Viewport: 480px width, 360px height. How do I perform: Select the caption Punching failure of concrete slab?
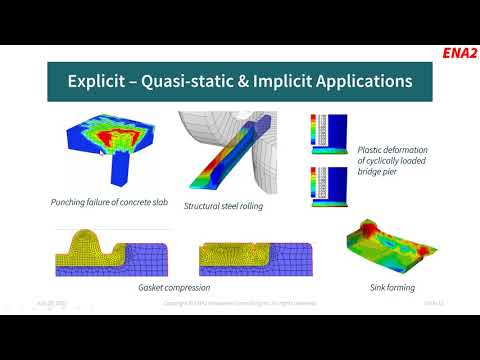point(107,202)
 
